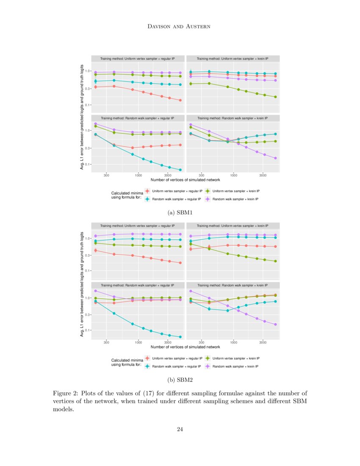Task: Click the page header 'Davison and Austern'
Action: [x=180, y=27]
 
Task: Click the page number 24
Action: [x=180, y=429]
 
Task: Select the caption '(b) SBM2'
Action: [x=180, y=380]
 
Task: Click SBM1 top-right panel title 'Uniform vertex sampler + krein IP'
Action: [x=233, y=58]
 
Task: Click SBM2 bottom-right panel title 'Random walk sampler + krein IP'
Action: [x=233, y=285]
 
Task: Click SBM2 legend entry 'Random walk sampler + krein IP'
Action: [x=235, y=366]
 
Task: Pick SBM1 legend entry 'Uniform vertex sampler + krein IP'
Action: [x=235, y=191]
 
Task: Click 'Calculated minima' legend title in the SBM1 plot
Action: [x=126, y=194]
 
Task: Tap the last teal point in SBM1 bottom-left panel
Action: [x=180, y=170]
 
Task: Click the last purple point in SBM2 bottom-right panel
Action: [x=276, y=325]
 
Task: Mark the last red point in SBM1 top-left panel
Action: [x=180, y=100]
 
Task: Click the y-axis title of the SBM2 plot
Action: [x=82, y=285]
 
